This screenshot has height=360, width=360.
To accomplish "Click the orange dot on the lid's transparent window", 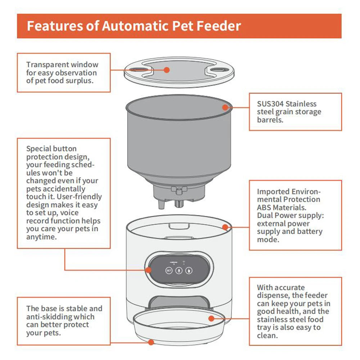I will [166, 69].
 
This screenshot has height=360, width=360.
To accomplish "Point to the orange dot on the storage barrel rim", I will [225, 107].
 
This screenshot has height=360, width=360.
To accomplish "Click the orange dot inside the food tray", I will [211, 318].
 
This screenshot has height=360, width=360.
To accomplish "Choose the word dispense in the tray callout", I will [273, 296].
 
